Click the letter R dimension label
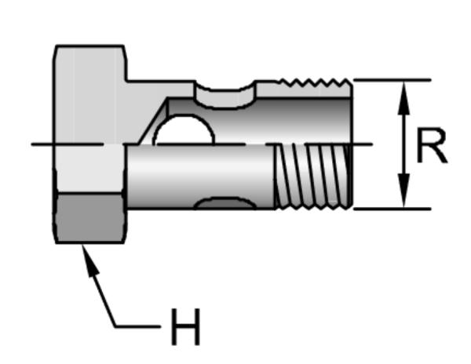432,146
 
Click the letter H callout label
185,326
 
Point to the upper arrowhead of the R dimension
404,97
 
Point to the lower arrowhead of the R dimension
404,191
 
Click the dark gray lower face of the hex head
89,217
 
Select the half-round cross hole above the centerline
184,130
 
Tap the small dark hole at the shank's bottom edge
225,203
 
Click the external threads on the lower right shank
313,177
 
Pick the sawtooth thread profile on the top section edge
314,82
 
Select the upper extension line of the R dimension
392,80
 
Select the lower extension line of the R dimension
392,208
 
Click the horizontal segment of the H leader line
138,326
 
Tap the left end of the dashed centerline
32,144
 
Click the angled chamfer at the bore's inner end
153,121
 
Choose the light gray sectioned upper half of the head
90,94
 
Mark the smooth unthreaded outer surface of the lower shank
200,177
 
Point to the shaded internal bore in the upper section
258,121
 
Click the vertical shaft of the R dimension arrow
404,144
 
